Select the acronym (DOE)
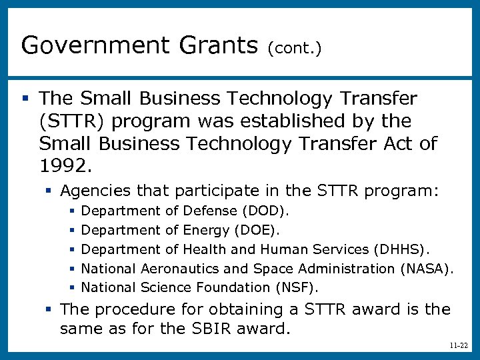coord(257,231)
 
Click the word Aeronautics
coord(176,269)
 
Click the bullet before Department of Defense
coord(72,211)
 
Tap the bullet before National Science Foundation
coord(72,288)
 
